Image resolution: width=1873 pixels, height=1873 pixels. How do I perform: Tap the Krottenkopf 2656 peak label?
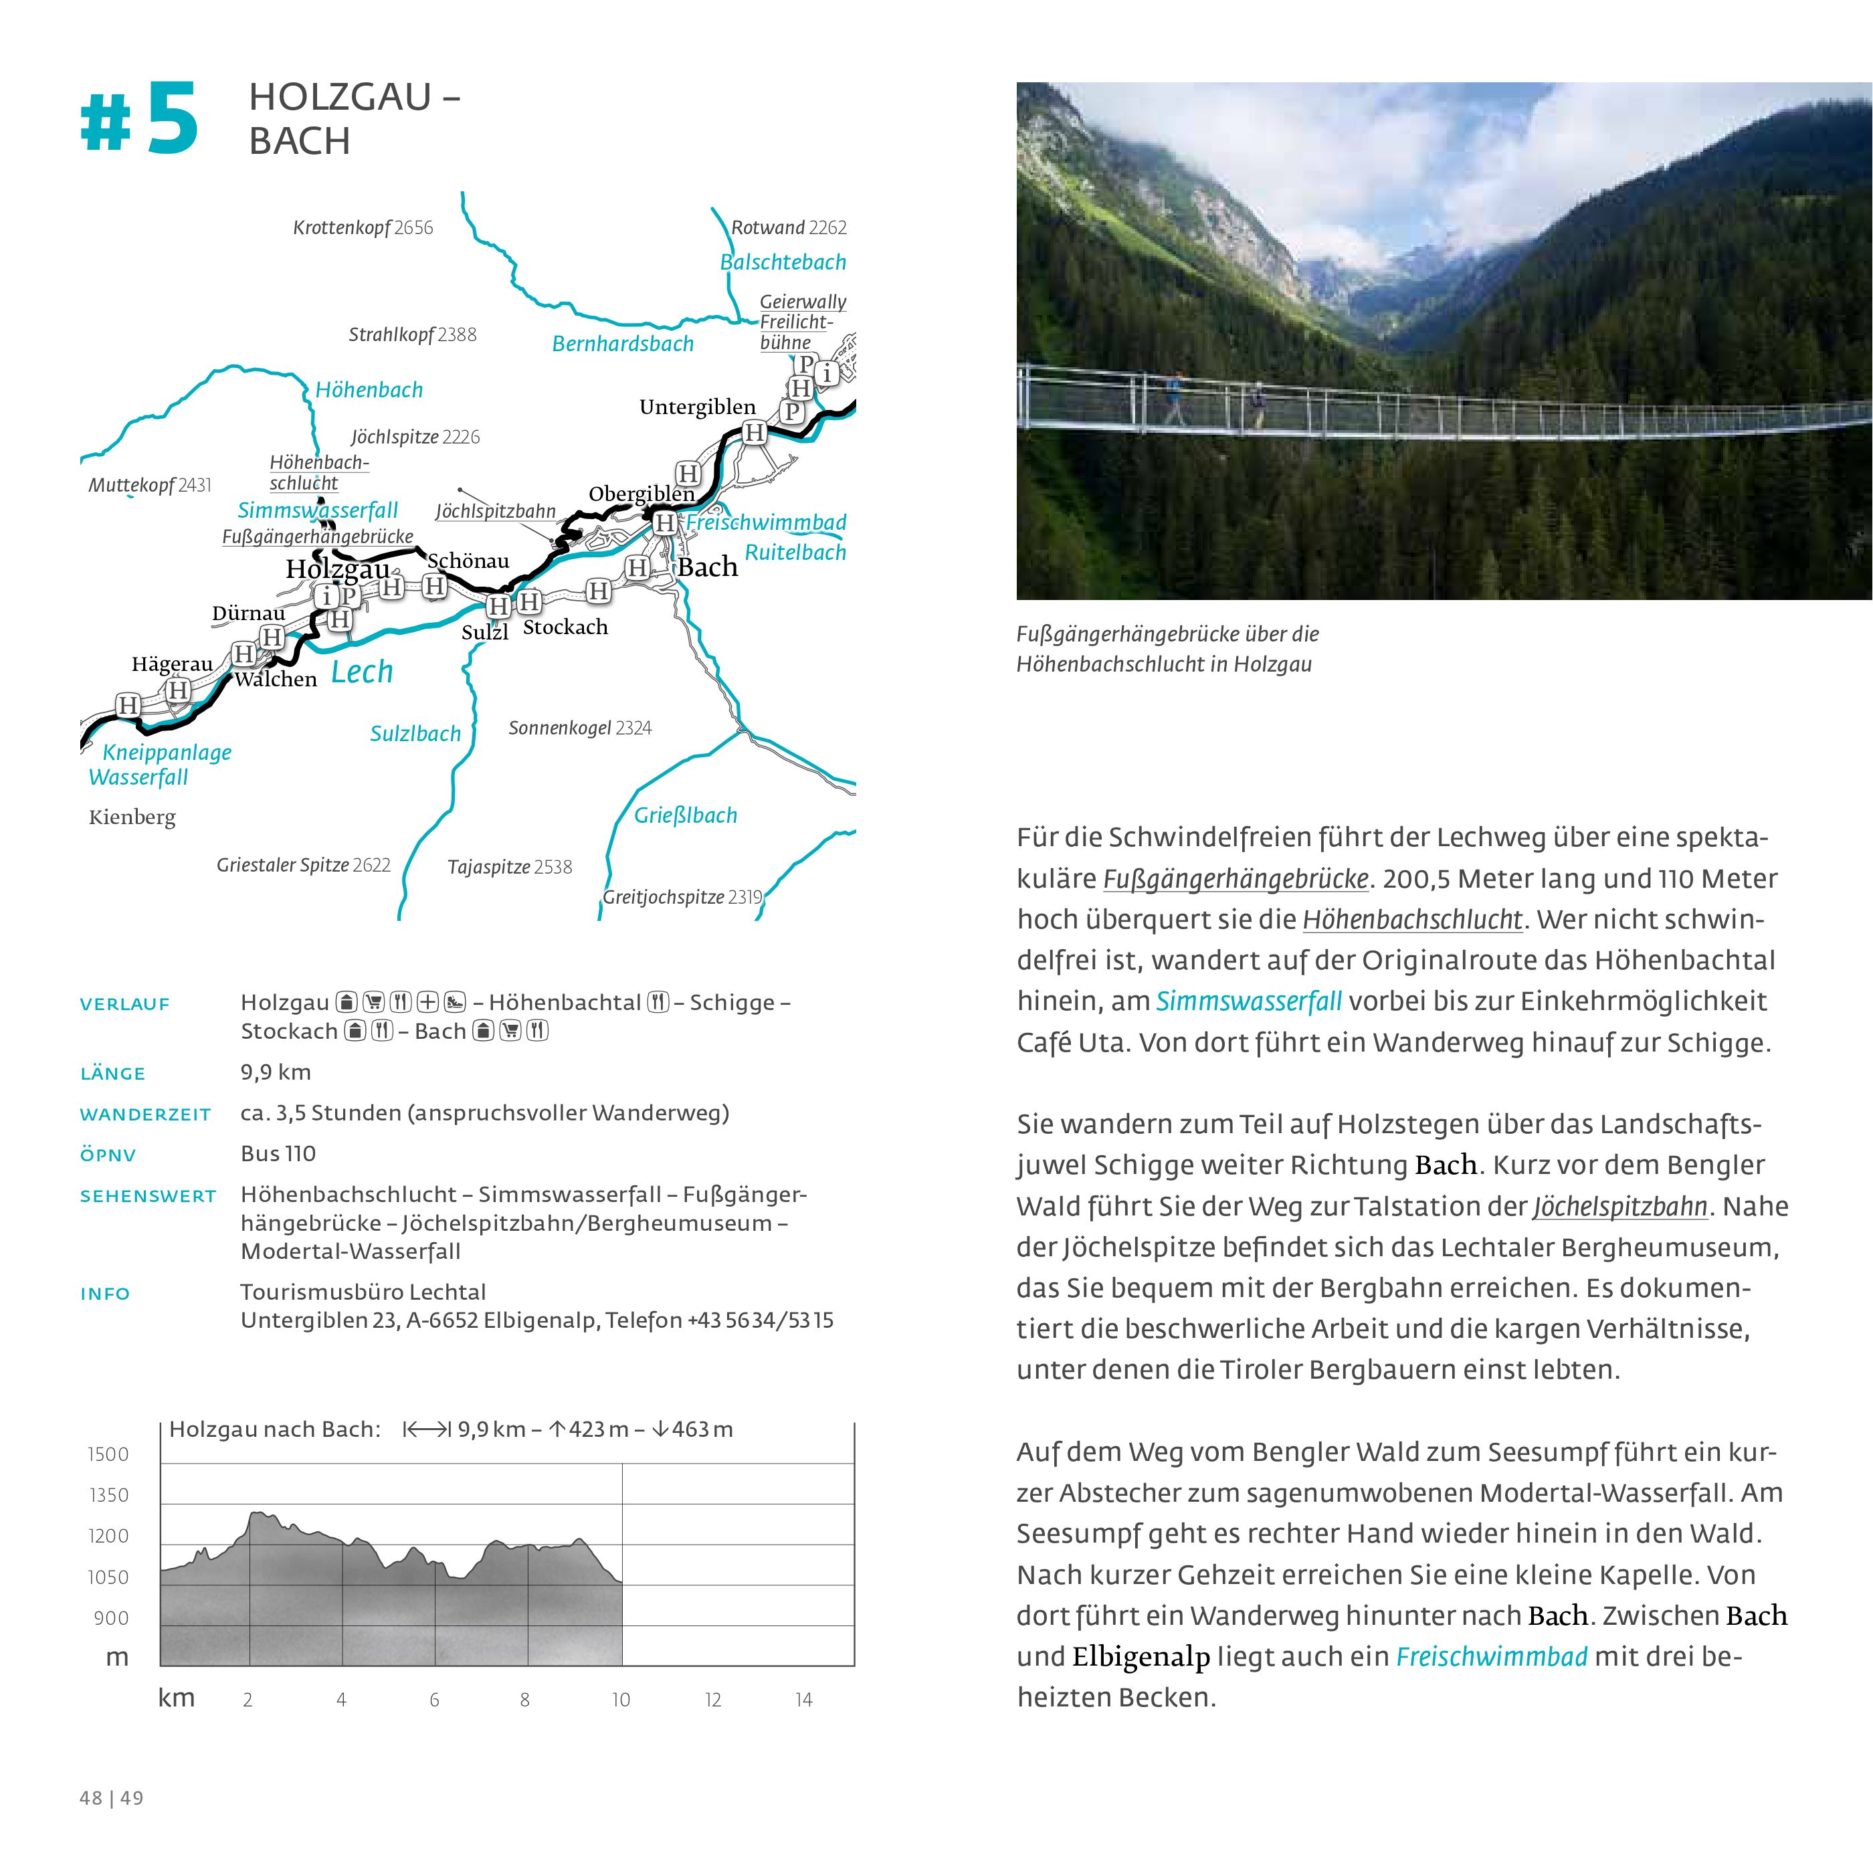pyautogui.click(x=363, y=228)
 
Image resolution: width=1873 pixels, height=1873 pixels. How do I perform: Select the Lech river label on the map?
pyautogui.click(x=362, y=671)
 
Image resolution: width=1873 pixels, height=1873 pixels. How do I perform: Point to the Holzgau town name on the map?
pyautogui.click(x=337, y=569)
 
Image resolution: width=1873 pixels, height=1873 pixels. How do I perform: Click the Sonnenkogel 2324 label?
pyautogui.click(x=580, y=728)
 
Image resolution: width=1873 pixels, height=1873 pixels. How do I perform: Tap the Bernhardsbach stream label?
pyautogui.click(x=622, y=343)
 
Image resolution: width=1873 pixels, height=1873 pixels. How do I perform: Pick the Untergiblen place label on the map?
pyautogui.click(x=697, y=407)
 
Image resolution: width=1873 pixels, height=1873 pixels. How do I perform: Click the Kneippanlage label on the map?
pyautogui.click(x=167, y=753)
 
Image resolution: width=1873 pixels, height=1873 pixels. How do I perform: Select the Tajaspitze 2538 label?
pyautogui.click(x=510, y=867)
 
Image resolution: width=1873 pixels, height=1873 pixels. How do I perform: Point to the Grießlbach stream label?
pyautogui.click(x=686, y=815)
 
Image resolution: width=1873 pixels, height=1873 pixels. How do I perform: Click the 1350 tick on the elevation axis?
pyautogui.click(x=108, y=1496)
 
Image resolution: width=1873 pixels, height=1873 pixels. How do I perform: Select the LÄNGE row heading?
pyautogui.click(x=112, y=1073)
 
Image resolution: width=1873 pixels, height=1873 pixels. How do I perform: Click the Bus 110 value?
pyautogui.click(x=278, y=1154)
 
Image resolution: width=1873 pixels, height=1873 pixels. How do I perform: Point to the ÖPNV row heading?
pyautogui.click(x=108, y=1155)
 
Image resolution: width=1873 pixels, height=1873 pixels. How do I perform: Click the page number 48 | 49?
pyautogui.click(x=112, y=1798)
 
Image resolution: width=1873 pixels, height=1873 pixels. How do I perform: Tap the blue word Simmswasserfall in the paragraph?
pyautogui.click(x=1249, y=1001)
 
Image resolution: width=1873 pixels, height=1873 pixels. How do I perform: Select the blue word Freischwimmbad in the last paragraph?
pyautogui.click(x=1491, y=1657)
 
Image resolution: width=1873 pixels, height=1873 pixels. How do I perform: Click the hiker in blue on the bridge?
pyautogui.click(x=1175, y=399)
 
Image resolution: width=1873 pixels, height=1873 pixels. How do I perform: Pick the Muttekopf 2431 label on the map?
pyautogui.click(x=149, y=485)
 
